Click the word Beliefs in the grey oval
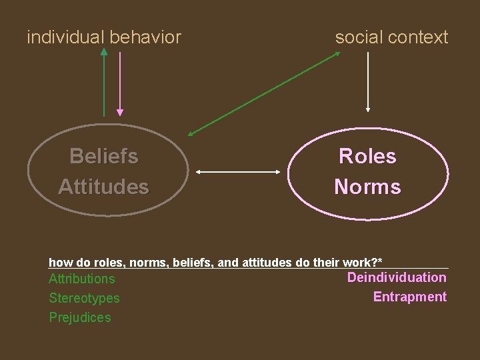[104, 157]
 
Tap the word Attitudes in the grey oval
[103, 187]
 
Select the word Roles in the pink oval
[367, 157]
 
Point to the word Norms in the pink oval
[367, 187]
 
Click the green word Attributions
[81, 279]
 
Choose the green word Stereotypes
[84, 298]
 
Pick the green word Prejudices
[80, 317]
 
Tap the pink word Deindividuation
[397, 277]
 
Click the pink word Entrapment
[409, 297]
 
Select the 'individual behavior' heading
[104, 37]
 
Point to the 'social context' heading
[391, 37]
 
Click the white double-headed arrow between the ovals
[239, 172]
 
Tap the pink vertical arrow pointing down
[120, 83]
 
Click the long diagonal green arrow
[264, 93]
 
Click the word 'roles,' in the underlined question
[109, 263]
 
